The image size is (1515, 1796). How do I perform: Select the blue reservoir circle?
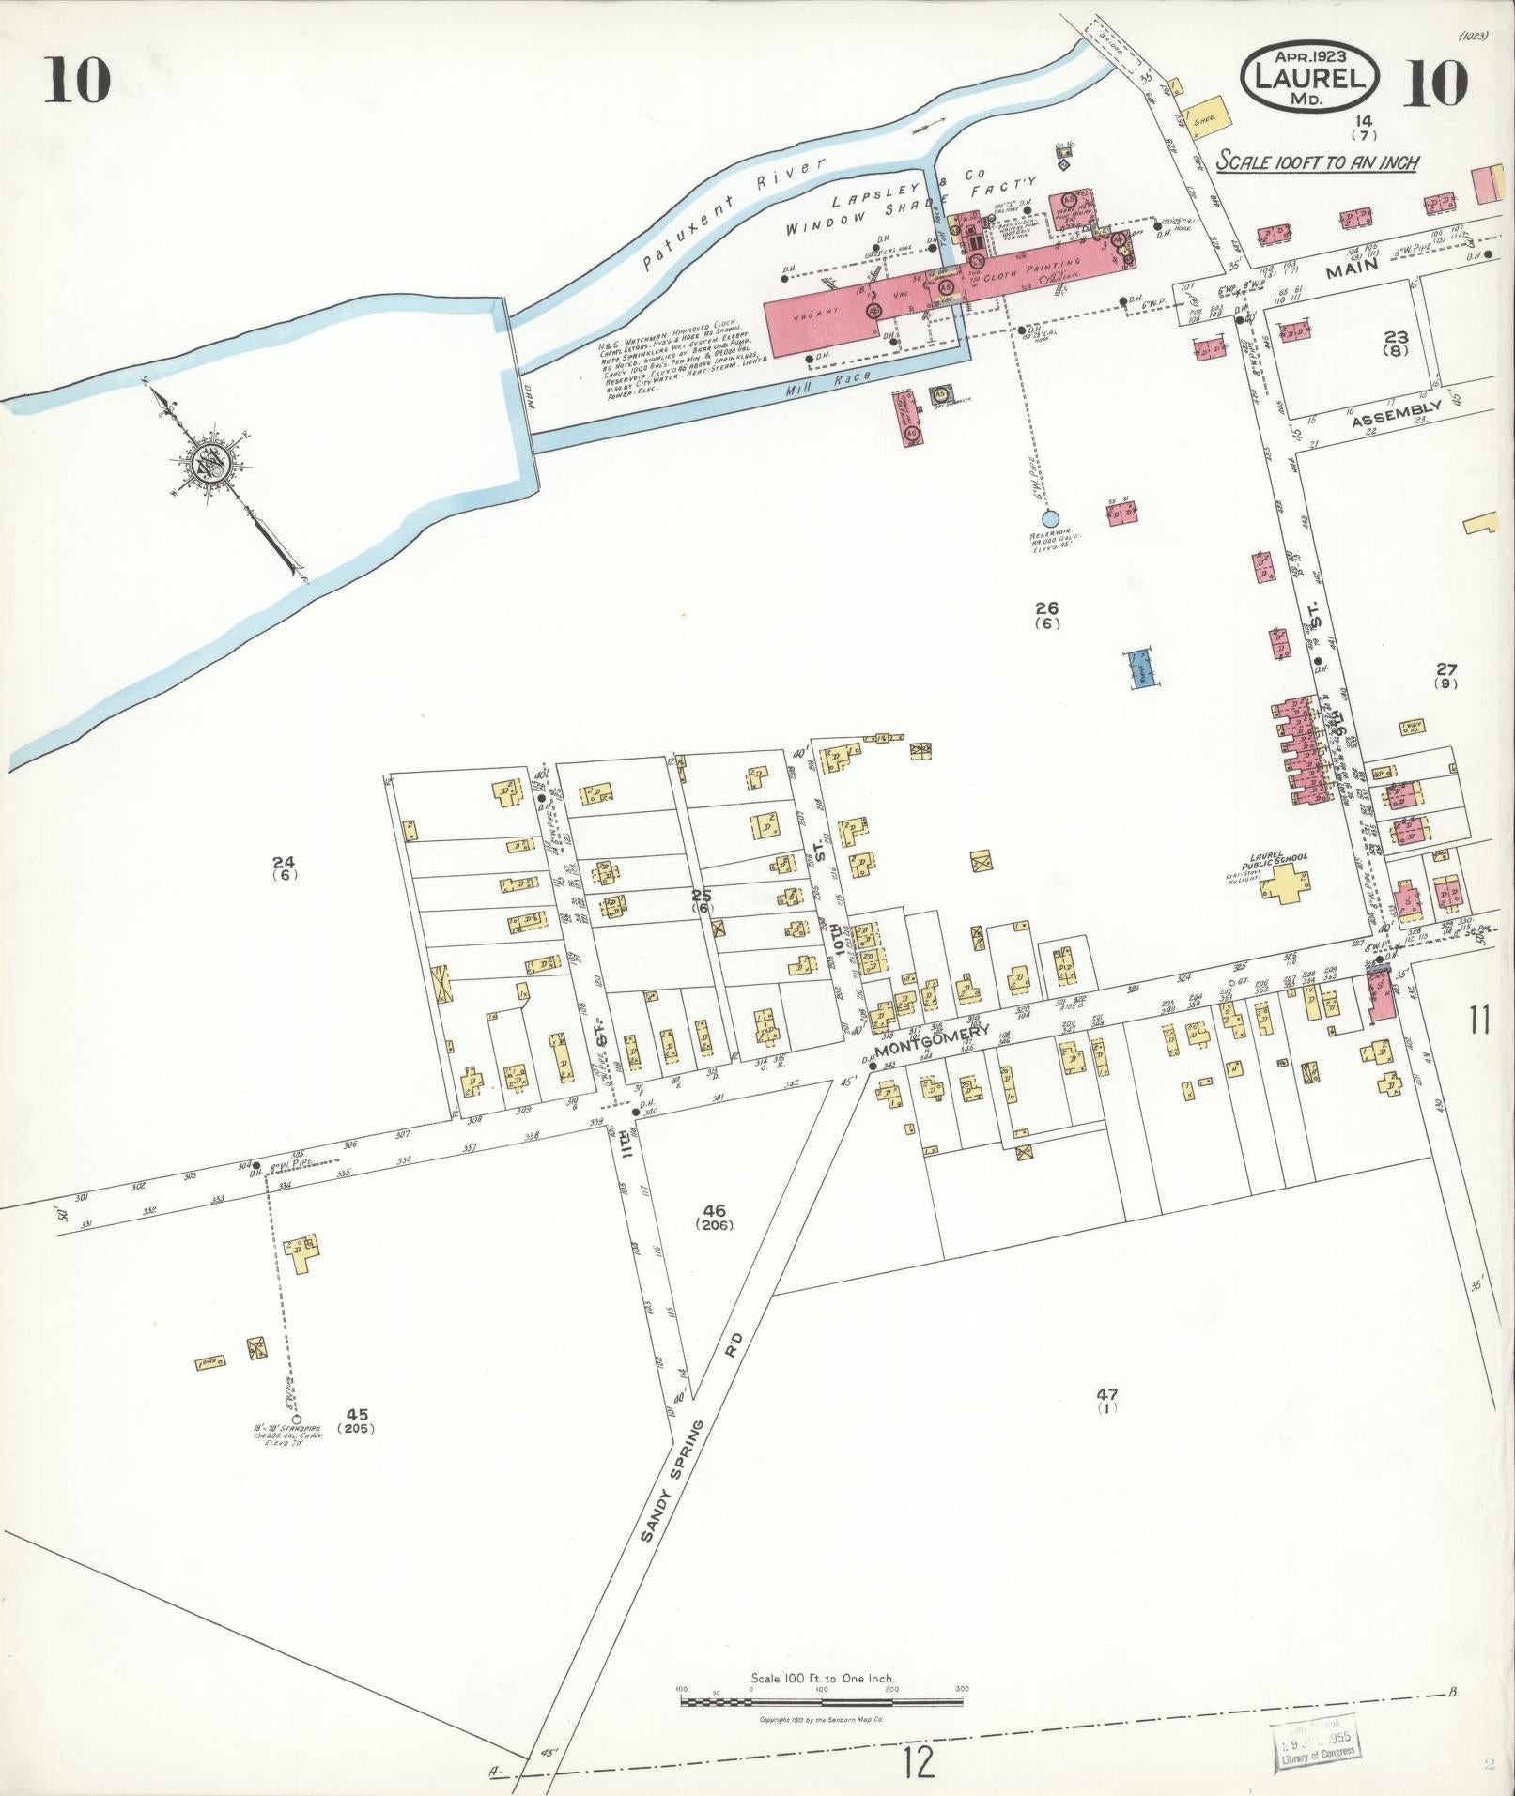pos(1051,518)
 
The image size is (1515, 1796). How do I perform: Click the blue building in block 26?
pos(1140,669)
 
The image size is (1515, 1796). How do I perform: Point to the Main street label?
pos(1353,269)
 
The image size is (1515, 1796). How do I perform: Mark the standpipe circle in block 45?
pos(297,1420)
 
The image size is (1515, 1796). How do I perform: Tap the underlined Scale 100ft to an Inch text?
pos(1317,161)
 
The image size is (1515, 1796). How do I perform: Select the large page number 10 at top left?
pos(77,82)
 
